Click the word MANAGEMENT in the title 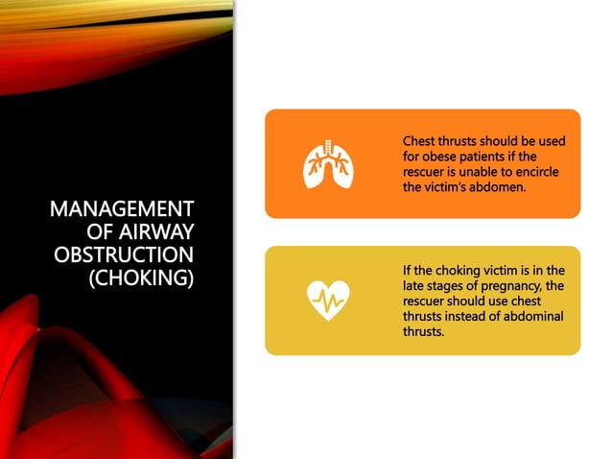(x=121, y=209)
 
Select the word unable (x=477, y=172)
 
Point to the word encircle (x=533, y=172)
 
